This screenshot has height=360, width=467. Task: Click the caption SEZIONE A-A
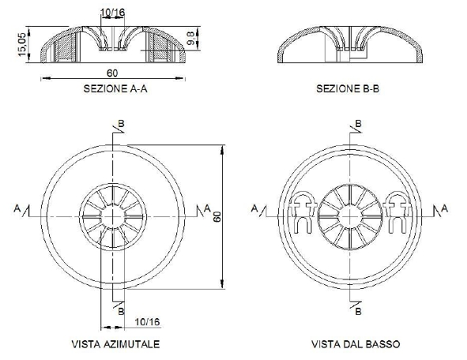[x=115, y=89]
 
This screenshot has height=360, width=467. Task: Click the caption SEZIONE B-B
[x=348, y=89]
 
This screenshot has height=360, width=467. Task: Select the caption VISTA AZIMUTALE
[x=115, y=344]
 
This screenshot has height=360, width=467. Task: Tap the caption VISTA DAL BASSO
[x=355, y=344]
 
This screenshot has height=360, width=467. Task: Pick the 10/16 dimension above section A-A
[x=114, y=13]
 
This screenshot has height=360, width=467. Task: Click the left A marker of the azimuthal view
[x=17, y=208]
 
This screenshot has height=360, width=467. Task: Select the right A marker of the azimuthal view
[x=207, y=208]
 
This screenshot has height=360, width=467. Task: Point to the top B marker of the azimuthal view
[x=121, y=123]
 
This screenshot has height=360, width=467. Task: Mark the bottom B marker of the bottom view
[x=359, y=311]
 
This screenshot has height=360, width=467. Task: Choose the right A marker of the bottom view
[x=444, y=208]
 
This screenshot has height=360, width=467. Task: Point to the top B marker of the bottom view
[x=359, y=123]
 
